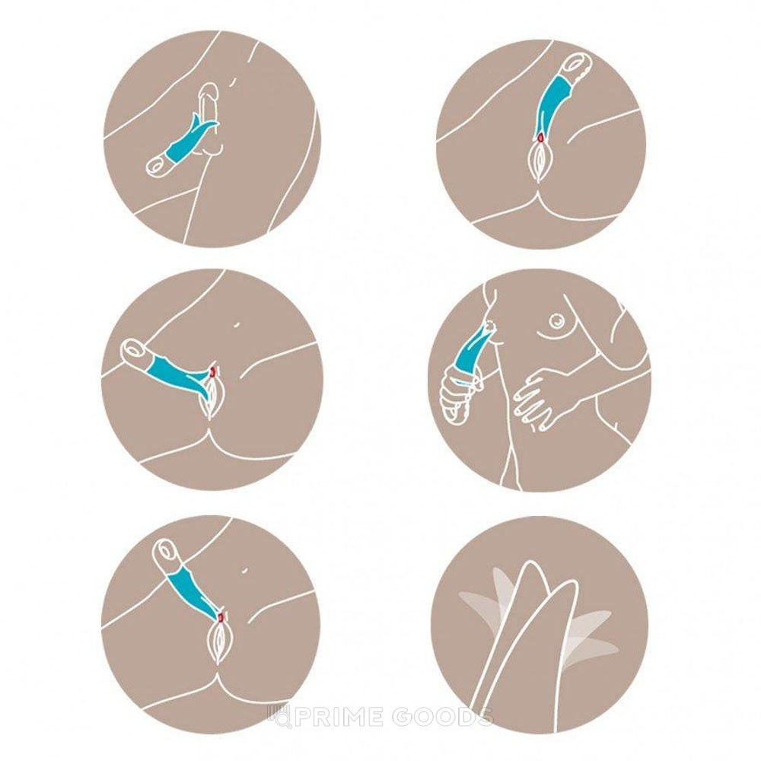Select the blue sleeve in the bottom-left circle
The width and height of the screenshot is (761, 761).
[x=193, y=594]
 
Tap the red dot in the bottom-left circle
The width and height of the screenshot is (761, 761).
[x=221, y=616]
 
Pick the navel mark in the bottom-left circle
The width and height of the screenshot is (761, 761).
[x=245, y=569]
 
